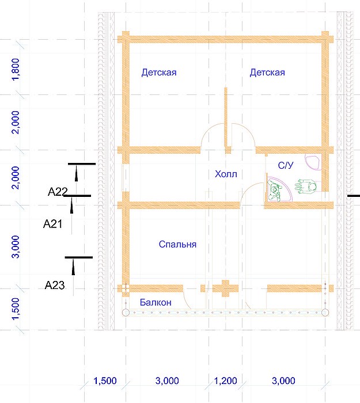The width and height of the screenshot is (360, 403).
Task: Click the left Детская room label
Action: point(159,73)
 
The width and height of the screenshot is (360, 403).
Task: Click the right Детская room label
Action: point(267,73)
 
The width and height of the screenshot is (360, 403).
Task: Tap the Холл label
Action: point(226,174)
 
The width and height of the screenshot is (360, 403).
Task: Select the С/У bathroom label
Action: point(286,165)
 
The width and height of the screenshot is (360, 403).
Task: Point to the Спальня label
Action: point(177,244)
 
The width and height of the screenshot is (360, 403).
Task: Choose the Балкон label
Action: point(156,302)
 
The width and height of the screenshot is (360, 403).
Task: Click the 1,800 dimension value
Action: point(16,70)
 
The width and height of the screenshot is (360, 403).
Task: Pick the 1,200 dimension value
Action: point(226,381)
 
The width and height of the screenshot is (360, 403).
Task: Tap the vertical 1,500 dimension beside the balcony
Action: point(16,309)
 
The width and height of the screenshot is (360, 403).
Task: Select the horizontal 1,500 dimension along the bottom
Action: point(105,381)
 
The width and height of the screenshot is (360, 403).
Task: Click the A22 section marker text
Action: point(58,192)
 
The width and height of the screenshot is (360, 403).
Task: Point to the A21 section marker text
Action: point(53,224)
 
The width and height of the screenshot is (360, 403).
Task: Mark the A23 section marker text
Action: point(55,285)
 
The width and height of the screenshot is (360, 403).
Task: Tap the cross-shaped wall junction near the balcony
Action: point(226,288)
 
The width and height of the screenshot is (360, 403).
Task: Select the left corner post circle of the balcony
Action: point(126,313)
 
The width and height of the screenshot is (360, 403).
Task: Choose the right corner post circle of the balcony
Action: point(325,313)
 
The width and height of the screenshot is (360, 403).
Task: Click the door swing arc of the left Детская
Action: point(209,128)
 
